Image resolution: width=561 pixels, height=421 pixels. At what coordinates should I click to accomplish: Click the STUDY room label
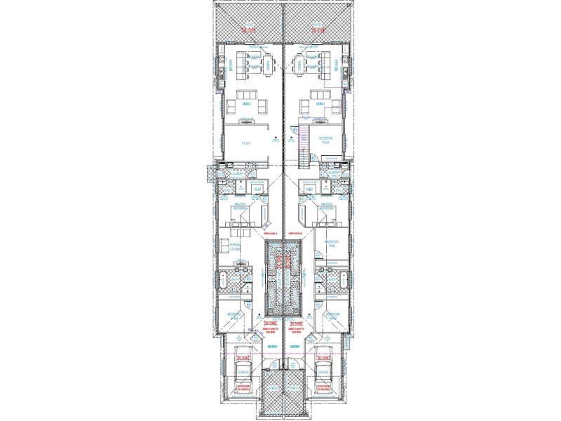(246, 143)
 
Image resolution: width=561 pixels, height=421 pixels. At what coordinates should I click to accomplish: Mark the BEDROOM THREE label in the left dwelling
(234, 315)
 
